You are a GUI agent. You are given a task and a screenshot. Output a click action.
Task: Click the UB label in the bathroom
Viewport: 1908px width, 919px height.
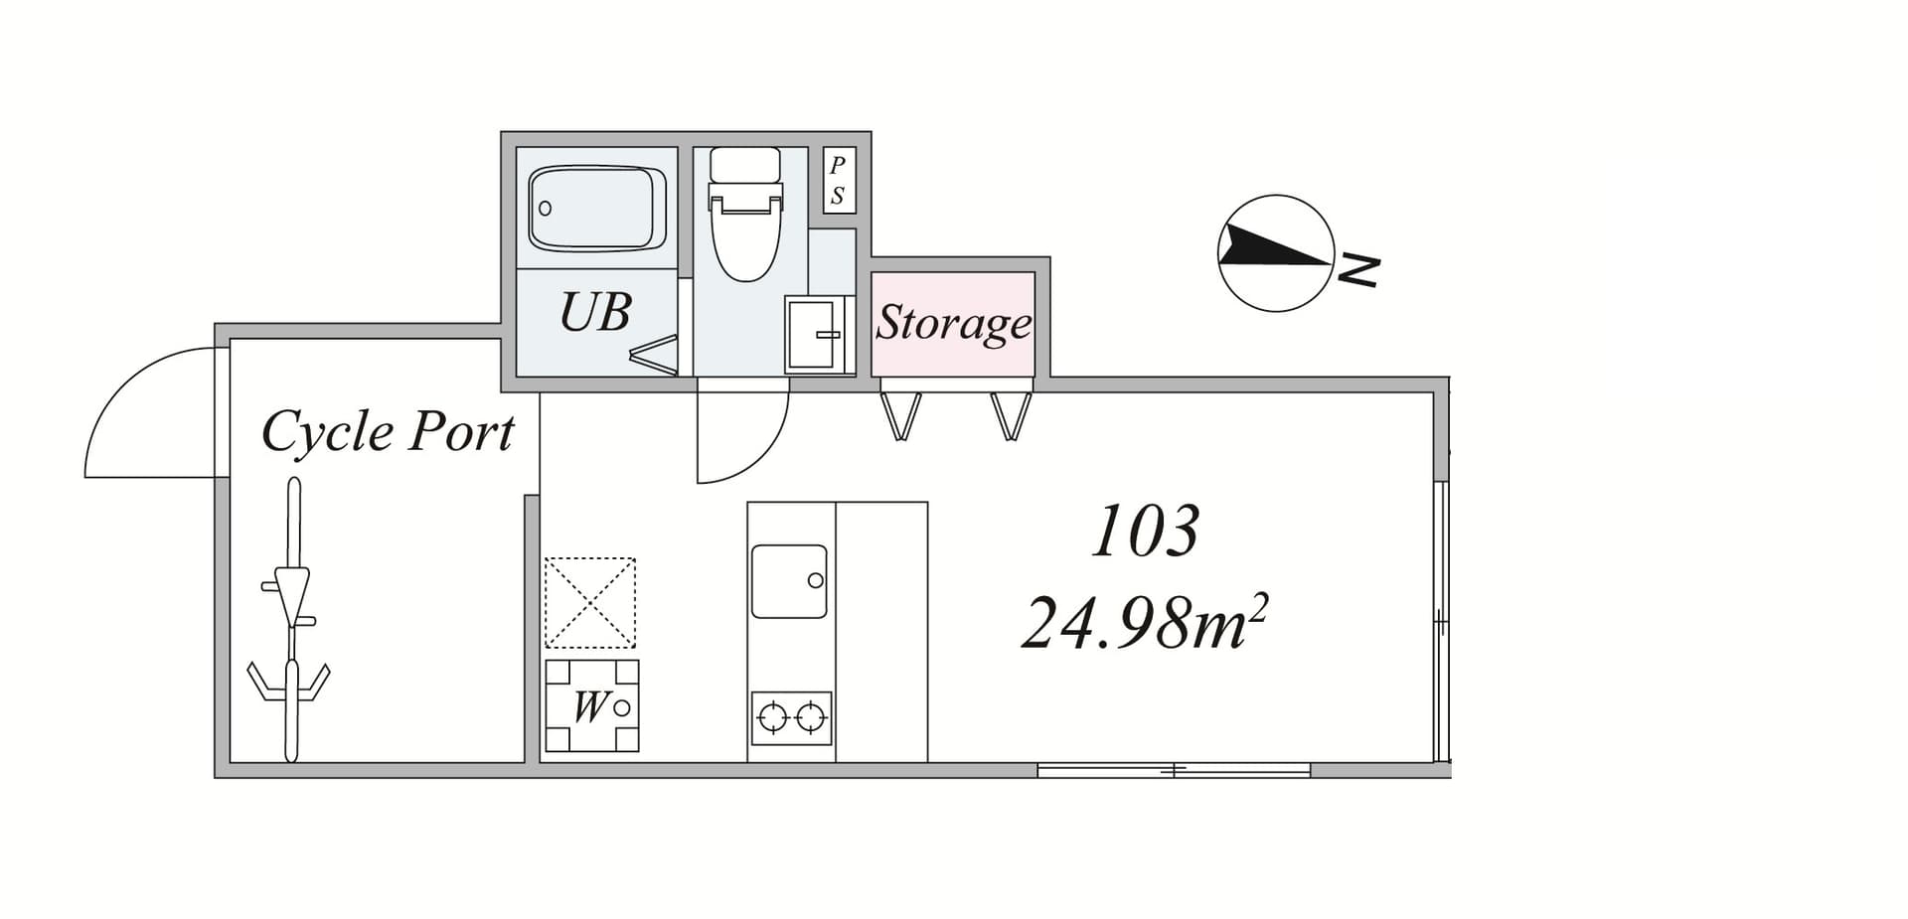[595, 311]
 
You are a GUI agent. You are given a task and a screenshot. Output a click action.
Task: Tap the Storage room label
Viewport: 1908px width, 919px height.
[953, 323]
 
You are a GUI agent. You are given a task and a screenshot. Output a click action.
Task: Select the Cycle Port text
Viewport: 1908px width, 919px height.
[388, 432]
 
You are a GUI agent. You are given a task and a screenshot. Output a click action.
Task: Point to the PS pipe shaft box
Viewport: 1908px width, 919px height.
[838, 180]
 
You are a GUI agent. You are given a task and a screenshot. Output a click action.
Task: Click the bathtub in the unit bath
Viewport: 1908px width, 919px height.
[597, 208]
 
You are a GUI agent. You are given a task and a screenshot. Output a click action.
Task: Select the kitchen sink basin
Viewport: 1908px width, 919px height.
[789, 581]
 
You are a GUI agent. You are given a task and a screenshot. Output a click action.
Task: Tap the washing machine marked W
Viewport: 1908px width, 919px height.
[592, 705]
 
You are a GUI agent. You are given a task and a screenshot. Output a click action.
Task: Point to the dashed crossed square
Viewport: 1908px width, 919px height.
[590, 603]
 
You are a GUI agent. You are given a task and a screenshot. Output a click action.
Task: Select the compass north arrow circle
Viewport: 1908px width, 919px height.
[1276, 253]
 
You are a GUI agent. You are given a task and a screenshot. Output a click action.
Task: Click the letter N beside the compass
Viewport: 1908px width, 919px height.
[1358, 269]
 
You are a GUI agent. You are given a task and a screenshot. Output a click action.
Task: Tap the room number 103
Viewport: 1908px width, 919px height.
[1145, 531]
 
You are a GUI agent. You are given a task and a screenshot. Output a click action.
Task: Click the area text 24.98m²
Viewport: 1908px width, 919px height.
[1145, 623]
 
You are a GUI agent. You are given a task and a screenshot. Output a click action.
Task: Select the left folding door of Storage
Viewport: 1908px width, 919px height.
[901, 415]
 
